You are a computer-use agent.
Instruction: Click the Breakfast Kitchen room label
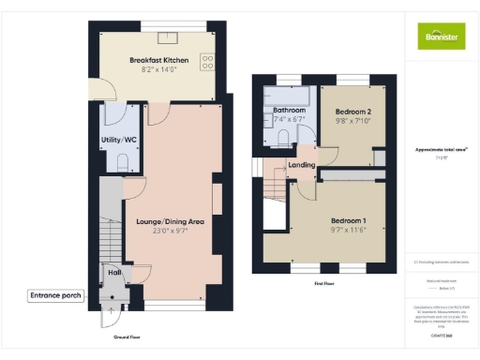pyautogui.click(x=159, y=60)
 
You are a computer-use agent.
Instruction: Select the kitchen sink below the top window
pyautogui.click(x=170, y=38)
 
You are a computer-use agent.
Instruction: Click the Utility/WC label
pyautogui.click(x=120, y=140)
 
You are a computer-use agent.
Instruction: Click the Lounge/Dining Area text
pyautogui.click(x=172, y=221)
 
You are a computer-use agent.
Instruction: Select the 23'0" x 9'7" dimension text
pyautogui.click(x=172, y=231)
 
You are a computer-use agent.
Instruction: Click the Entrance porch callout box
pyautogui.click(x=56, y=295)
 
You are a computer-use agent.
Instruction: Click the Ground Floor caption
pyautogui.click(x=127, y=335)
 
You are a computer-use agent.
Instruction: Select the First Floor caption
pyautogui.click(x=324, y=281)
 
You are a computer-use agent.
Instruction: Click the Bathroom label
pyautogui.click(x=290, y=110)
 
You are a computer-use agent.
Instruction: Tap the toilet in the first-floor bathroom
pyautogui.click(x=284, y=137)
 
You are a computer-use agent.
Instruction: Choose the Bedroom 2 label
pyautogui.click(x=354, y=111)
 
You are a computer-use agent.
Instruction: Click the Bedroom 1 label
pyautogui.click(x=349, y=221)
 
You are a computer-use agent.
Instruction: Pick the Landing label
pyautogui.click(x=302, y=165)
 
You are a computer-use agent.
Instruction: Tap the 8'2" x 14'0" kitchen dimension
pyautogui.click(x=159, y=69)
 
